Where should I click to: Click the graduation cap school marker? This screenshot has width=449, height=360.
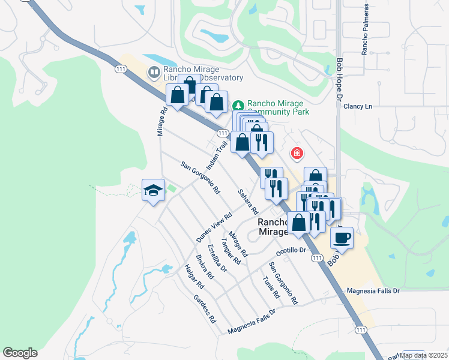[153, 191]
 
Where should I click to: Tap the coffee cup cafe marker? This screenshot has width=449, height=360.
[342, 237]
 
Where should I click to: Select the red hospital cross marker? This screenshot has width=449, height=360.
[297, 154]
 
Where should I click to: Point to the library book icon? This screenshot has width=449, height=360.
[154, 73]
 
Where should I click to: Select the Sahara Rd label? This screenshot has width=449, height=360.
[247, 203]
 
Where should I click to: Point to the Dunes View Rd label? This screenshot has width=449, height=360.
[214, 229]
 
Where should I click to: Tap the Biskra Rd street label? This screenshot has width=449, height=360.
[205, 267]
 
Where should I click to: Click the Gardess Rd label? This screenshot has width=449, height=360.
[205, 309]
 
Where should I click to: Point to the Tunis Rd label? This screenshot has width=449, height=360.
[271, 287]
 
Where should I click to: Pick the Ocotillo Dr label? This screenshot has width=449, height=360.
[291, 250]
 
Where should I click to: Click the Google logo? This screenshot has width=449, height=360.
[20, 353]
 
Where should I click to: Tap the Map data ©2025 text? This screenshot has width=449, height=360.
[424, 355]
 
